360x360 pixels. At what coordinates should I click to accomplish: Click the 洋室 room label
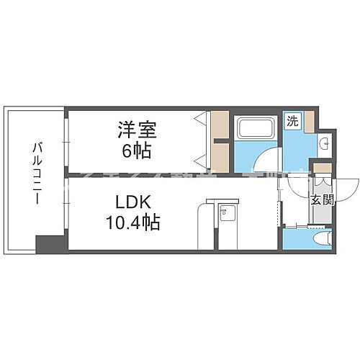(x=136, y=132)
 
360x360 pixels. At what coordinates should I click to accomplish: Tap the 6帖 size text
(x=136, y=151)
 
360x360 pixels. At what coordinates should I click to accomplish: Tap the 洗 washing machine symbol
(x=292, y=121)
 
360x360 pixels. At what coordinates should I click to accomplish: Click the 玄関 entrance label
(x=322, y=200)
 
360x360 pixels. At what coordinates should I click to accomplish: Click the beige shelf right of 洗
(x=308, y=121)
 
